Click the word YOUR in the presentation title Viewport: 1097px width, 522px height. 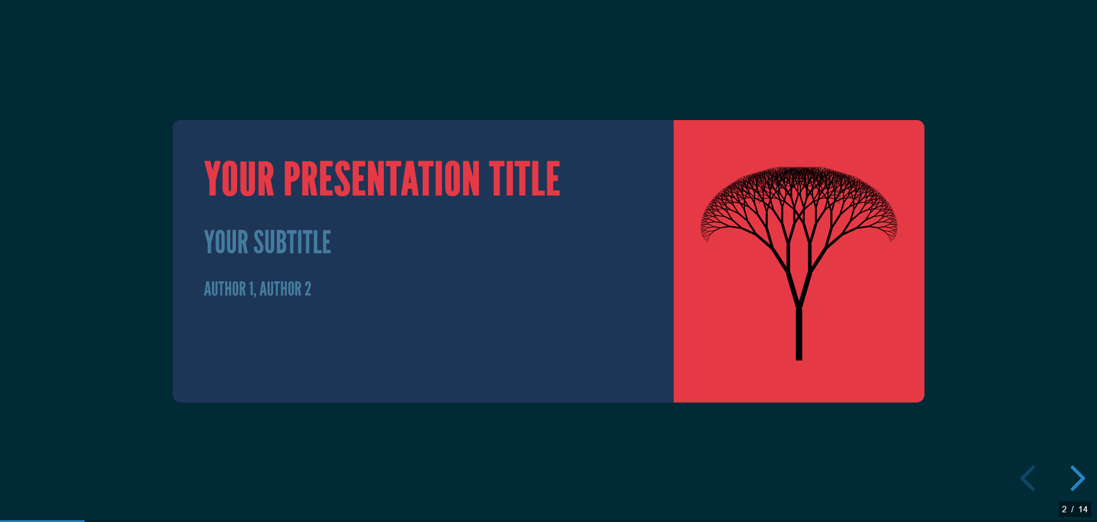pyautogui.click(x=239, y=179)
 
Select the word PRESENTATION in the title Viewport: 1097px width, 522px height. pyautogui.click(x=381, y=179)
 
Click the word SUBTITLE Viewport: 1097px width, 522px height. pyautogui.click(x=292, y=242)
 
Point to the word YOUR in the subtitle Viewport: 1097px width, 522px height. pyautogui.click(x=226, y=242)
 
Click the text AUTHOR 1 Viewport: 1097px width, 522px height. pyautogui.click(x=229, y=289)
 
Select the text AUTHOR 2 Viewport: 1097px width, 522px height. pyautogui.click(x=285, y=289)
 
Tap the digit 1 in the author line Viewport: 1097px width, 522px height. pyautogui.click(x=251, y=289)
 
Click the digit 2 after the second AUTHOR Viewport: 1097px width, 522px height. pyautogui.click(x=308, y=289)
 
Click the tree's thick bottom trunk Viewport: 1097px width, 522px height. pyautogui.click(x=799, y=337)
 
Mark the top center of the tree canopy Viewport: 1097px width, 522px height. pyautogui.click(x=799, y=169)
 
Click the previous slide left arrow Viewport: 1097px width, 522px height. pyautogui.click(x=1028, y=478)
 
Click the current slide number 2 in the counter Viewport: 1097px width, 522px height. pyautogui.click(x=1064, y=509)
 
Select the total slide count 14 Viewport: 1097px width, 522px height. pyautogui.click(x=1083, y=509)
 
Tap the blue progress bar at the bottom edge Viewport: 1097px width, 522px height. pyautogui.click(x=42, y=520)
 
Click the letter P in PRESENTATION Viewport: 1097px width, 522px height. pyautogui.click(x=292, y=179)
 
